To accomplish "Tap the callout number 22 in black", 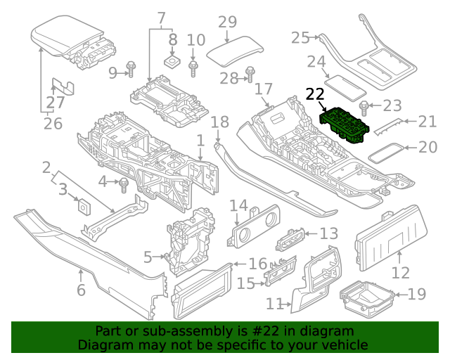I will pyautogui.click(x=316, y=94).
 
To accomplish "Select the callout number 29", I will pyautogui.click(x=227, y=22).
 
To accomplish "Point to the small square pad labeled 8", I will pyautogui.click(x=172, y=62).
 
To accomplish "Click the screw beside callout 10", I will pyautogui.click(x=194, y=68).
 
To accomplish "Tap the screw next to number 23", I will pyautogui.click(x=365, y=107).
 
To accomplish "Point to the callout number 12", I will pyautogui.click(x=400, y=274).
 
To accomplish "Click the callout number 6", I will pyautogui.click(x=81, y=290).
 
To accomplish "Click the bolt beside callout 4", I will pyautogui.click(x=124, y=185).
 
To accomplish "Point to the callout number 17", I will pyautogui.click(x=263, y=89).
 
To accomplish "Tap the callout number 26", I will pyautogui.click(x=53, y=124).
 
